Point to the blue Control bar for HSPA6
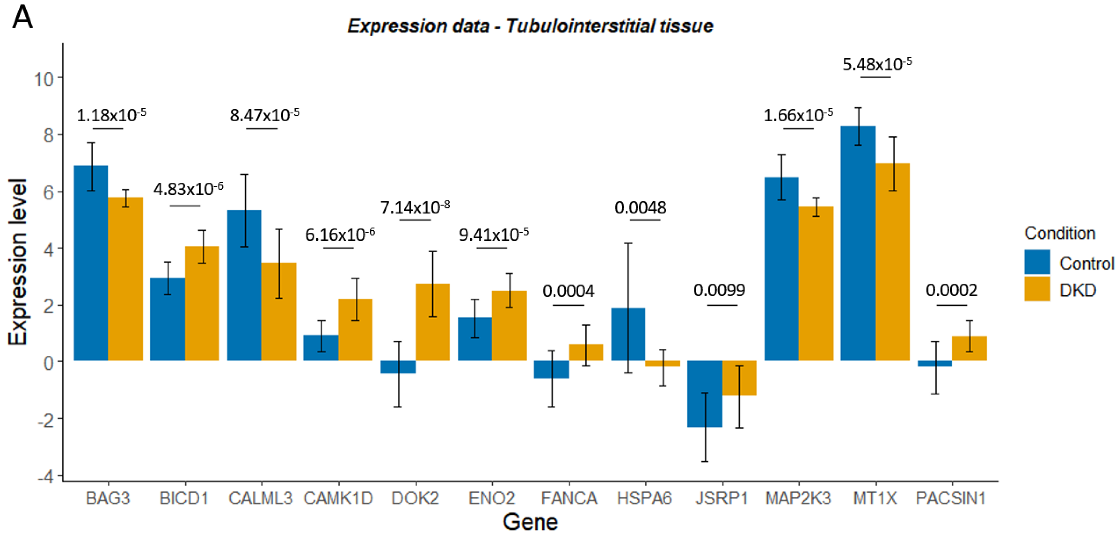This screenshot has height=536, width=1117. (x=628, y=334)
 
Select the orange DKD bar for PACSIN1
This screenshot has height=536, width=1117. (x=969, y=348)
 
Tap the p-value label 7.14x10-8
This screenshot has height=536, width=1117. (x=415, y=207)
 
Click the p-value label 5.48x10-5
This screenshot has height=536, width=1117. (x=876, y=64)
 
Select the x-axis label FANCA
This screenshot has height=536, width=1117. (x=569, y=498)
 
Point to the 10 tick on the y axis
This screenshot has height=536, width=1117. (x=44, y=79)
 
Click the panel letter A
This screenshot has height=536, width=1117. (x=23, y=18)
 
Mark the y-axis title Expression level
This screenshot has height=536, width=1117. (x=18, y=262)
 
